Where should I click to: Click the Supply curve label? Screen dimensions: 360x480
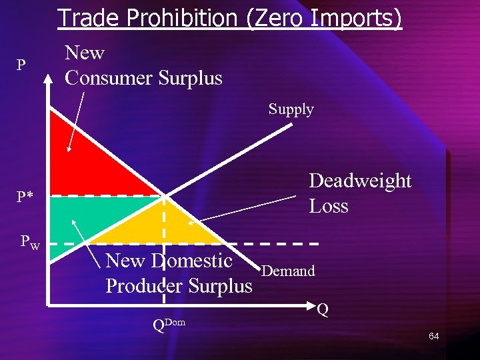click(x=291, y=109)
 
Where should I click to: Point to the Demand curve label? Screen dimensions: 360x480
click(x=288, y=271)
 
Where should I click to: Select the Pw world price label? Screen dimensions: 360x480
click(x=30, y=242)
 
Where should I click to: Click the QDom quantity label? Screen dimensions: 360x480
click(x=168, y=325)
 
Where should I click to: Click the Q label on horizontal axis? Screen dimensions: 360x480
click(x=323, y=309)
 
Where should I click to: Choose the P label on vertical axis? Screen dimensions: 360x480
click(x=21, y=65)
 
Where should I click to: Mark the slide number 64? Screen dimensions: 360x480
click(x=433, y=336)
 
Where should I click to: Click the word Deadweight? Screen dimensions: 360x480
click(x=360, y=181)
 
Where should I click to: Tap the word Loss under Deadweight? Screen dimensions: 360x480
click(x=329, y=206)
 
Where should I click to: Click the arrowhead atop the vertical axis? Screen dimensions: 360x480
click(x=48, y=80)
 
